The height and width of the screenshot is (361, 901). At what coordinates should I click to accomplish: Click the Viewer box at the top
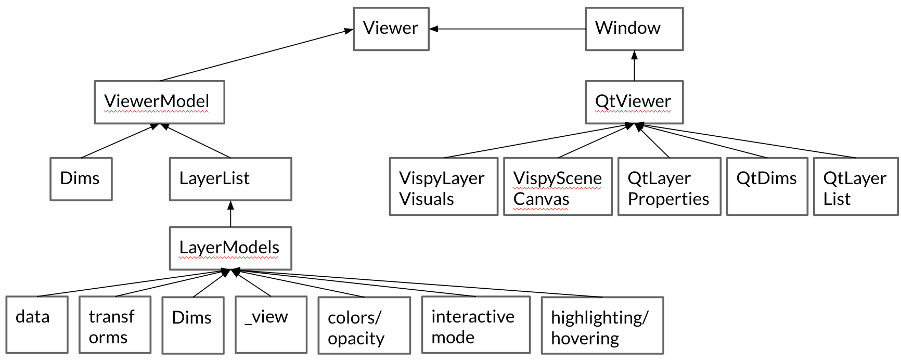391,29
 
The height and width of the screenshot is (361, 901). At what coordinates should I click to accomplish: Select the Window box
634,29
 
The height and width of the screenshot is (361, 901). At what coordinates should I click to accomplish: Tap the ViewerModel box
159,102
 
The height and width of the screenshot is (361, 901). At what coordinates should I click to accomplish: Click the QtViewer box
634,102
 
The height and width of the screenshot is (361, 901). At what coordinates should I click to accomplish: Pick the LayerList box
230,179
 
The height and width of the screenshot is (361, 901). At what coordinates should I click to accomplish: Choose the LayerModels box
230,248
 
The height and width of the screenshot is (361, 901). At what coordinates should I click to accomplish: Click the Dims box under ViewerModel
81,179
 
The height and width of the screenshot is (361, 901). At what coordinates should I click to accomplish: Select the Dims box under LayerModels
192,325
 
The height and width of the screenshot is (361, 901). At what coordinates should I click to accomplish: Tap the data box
37,324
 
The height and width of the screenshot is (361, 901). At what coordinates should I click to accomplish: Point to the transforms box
115,325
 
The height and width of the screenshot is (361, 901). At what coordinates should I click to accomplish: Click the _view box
271,325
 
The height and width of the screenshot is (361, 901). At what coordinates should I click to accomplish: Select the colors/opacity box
364,325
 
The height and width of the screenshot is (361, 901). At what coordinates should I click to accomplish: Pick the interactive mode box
475,325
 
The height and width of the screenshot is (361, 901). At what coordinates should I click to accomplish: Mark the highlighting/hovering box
602,325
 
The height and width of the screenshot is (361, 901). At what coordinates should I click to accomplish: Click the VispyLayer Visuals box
443,186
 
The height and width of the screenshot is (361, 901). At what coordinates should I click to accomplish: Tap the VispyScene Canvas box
557,186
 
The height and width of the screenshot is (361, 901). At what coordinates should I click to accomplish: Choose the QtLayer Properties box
669,186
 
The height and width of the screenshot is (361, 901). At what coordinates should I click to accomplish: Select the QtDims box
767,186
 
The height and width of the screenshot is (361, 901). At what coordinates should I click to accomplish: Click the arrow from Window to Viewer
507,29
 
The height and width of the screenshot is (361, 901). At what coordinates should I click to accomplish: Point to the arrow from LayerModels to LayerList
230,214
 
